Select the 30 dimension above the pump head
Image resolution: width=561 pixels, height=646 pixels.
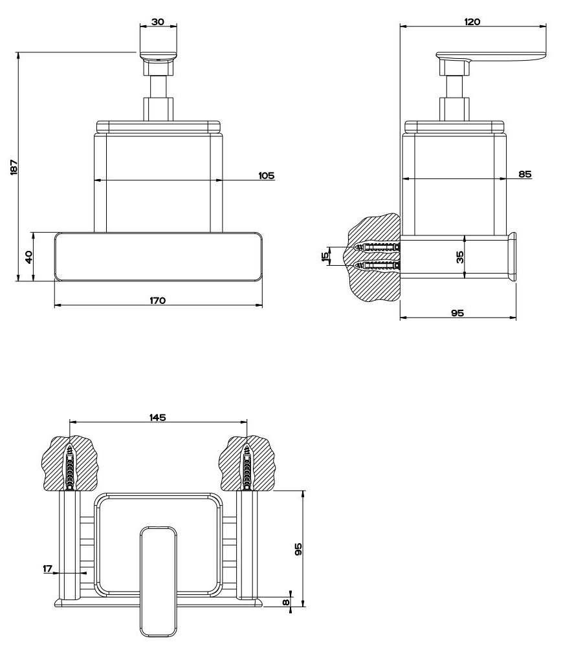click(x=157, y=21)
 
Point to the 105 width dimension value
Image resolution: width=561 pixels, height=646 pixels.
click(x=266, y=175)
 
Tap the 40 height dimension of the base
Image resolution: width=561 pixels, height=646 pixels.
click(x=28, y=257)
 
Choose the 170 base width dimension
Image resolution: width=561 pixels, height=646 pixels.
click(x=158, y=300)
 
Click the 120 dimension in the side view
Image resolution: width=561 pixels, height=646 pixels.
click(x=472, y=21)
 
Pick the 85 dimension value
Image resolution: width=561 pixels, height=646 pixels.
click(x=525, y=174)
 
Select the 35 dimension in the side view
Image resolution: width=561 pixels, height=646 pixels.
click(x=459, y=257)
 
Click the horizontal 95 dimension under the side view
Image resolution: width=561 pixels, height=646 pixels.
click(x=457, y=313)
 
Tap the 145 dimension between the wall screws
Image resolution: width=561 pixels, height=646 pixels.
click(x=158, y=416)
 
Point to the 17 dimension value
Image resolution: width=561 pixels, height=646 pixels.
click(x=47, y=568)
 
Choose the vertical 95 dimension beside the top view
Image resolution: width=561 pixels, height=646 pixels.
click(x=298, y=549)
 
